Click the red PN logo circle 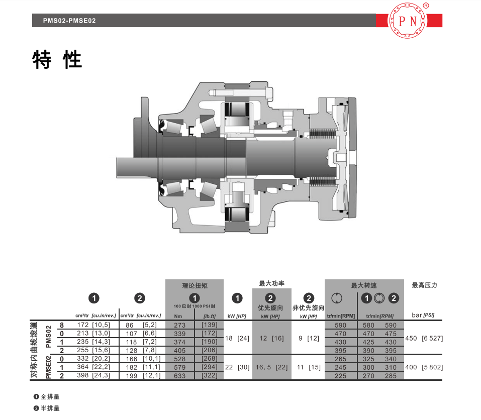pyautogui.click(x=408, y=21)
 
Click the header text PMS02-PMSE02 pyautogui.click(x=69, y=21)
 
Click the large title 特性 pyautogui.click(x=57, y=59)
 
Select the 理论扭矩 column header pyautogui.click(x=195, y=286)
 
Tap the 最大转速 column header pyautogui.click(x=364, y=285)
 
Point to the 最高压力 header pyautogui.click(x=424, y=285)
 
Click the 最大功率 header pyautogui.click(x=271, y=283)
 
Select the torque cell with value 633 pyautogui.click(x=180, y=376)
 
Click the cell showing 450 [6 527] pyautogui.click(x=424, y=338)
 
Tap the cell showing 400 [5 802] pyautogui.click(x=424, y=367)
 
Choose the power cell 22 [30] pyautogui.click(x=237, y=367)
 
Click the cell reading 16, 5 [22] pyautogui.click(x=272, y=367)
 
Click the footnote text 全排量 pyautogui.click(x=50, y=397)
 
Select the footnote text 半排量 pyautogui.click(x=50, y=408)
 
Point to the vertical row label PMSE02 pyautogui.click(x=48, y=367)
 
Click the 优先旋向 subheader pyautogui.click(x=270, y=307)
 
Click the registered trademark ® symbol pyautogui.click(x=426, y=6)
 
